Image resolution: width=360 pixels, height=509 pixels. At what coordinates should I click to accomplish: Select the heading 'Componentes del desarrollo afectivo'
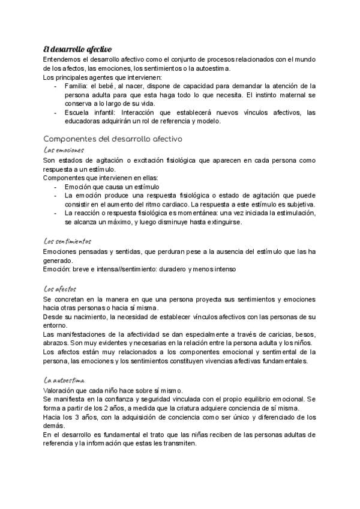click(113, 139)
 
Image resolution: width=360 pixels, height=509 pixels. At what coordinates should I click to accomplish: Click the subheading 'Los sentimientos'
click(67, 241)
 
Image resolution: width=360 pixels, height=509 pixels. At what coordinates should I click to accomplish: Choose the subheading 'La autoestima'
click(65, 381)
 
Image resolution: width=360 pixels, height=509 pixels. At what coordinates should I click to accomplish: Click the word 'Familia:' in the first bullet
click(76, 86)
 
